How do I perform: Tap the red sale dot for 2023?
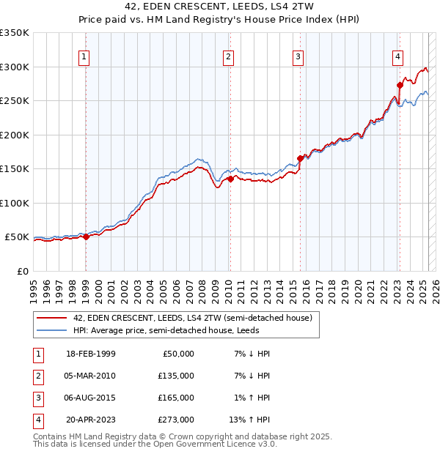click(x=400, y=85)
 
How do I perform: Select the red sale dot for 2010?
click(x=230, y=179)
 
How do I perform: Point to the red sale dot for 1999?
click(x=86, y=237)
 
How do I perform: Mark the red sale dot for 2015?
click(x=300, y=158)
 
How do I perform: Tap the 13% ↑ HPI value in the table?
click(x=249, y=420)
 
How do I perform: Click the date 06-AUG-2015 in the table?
click(x=90, y=398)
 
